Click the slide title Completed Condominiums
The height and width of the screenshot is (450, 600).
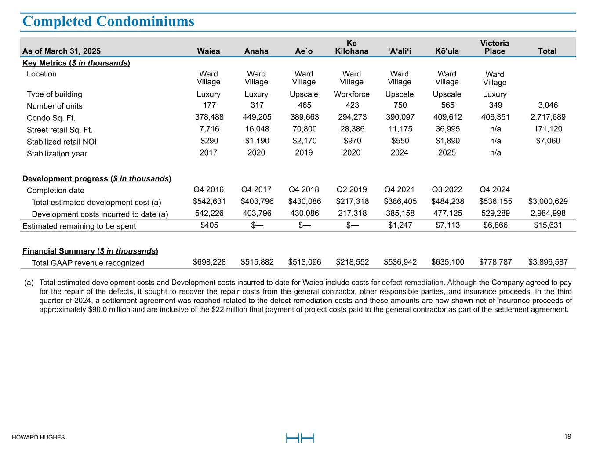108,22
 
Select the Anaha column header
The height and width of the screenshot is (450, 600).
256,51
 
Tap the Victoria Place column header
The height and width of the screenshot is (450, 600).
495,47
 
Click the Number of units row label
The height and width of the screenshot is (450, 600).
55,106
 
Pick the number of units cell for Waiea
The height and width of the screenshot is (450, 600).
208,105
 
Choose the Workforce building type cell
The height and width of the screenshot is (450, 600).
352,94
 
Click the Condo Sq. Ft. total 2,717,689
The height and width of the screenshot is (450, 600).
547,117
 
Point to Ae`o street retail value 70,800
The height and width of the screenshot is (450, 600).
304,129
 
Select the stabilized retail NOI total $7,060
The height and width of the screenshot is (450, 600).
547,141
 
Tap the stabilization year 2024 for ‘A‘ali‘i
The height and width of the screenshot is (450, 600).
399,152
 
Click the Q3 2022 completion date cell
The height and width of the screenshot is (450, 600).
447,189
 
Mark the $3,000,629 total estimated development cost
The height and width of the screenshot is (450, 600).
548,201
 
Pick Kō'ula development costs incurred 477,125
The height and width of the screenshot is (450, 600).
447,214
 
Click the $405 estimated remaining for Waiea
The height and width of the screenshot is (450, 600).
209,225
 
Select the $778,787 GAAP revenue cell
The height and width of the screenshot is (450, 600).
495,262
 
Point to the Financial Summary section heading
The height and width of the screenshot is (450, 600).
90,251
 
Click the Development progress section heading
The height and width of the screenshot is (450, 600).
97,178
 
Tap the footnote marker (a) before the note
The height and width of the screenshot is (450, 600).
29,283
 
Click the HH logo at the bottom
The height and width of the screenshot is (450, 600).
300,438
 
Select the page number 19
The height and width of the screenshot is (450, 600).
567,436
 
